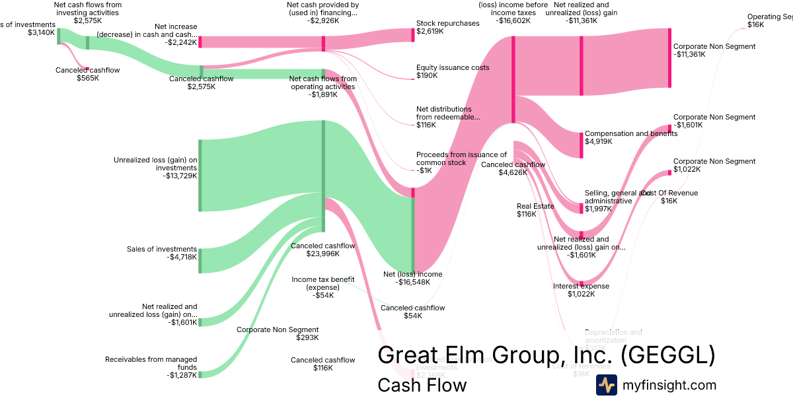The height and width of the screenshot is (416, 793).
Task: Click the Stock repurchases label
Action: pyautogui.click(x=447, y=27)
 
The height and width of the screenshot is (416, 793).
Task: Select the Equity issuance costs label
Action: pyautogui.click(x=452, y=71)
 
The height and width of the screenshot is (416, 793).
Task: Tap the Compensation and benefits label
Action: pyautogui.click(x=631, y=137)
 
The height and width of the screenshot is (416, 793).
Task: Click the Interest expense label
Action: pyautogui.click(x=581, y=290)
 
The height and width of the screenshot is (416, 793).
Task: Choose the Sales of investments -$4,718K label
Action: pyautogui.click(x=162, y=253)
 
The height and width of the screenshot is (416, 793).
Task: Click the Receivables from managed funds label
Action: pyautogui.click(x=151, y=367)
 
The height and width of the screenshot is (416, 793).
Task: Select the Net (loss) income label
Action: pyautogui.click(x=413, y=278)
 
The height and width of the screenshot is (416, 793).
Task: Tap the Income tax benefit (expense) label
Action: pyautogui.click(x=323, y=287)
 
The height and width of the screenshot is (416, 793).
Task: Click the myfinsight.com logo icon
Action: pyautogui.click(x=606, y=385)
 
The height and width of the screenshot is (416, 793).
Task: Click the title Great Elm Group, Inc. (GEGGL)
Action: pyautogui.click(x=546, y=355)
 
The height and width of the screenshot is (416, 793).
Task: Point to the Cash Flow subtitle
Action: pyautogui.click(x=422, y=385)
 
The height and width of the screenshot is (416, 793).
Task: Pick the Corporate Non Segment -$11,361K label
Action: pyautogui.click(x=714, y=51)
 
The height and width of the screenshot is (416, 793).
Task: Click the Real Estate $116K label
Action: pyautogui.click(x=535, y=210)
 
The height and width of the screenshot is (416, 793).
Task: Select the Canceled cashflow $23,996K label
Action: pyautogui.click(x=323, y=250)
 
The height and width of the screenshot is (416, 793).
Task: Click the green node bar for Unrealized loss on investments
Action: pyautogui.click(x=200, y=175)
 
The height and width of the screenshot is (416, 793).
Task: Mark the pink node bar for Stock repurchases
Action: pyautogui.click(x=412, y=35)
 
